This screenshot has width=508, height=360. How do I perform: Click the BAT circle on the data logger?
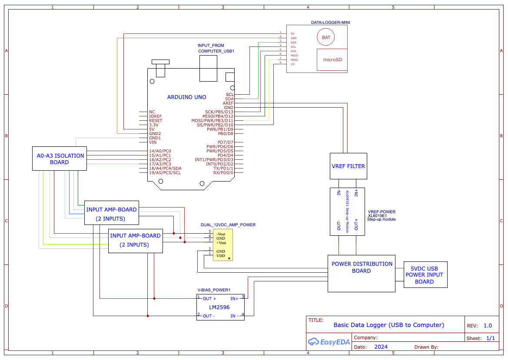tap(326, 37)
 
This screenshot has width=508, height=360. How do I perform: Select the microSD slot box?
tap(332, 59)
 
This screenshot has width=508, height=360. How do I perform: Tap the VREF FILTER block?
tap(349, 166)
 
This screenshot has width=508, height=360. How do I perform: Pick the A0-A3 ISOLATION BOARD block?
tap(60, 159)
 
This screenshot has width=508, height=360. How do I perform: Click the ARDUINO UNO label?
tap(186, 97)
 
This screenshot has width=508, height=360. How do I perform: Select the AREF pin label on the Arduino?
tap(228, 103)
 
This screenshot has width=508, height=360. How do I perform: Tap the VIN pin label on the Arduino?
tap(153, 142)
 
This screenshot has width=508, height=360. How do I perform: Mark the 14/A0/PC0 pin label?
tap(160, 151)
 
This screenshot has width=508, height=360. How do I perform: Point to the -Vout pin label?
tap(221, 234)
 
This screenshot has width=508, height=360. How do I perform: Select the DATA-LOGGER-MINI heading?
tap(331, 22)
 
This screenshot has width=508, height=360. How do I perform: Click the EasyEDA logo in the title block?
tap(327, 342)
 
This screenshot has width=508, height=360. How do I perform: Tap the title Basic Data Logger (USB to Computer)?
tap(388, 325)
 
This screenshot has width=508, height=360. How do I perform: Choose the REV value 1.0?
tap(488, 325)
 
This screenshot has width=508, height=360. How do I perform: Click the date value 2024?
tap(380, 347)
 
